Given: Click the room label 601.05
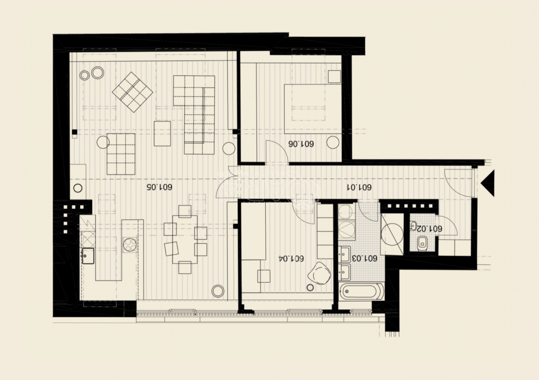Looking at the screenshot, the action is pos(159,187).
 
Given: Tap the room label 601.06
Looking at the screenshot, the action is pos(301,144).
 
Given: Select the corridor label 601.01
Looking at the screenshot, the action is pos(359,187).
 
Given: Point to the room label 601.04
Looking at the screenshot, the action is pos(291,258).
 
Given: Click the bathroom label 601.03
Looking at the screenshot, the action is pos(364,258).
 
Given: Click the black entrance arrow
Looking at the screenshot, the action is pos(488,183).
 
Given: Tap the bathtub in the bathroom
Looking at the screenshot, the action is pos(361,292).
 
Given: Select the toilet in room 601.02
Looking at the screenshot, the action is pos(422,243).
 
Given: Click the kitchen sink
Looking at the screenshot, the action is pos(88,256).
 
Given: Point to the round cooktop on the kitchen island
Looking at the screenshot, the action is pos(131,245).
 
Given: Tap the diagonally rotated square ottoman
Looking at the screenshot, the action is pos(132,92).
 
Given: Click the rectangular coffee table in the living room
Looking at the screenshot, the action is pos(162,133).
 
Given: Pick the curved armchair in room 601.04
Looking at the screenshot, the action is pos(320,273).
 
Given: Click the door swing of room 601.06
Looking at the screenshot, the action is pos(278,151).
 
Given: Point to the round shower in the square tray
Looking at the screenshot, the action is pos(392,234).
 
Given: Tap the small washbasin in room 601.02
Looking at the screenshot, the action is pos(414,226).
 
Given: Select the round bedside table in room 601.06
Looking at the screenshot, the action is pos(333,142).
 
